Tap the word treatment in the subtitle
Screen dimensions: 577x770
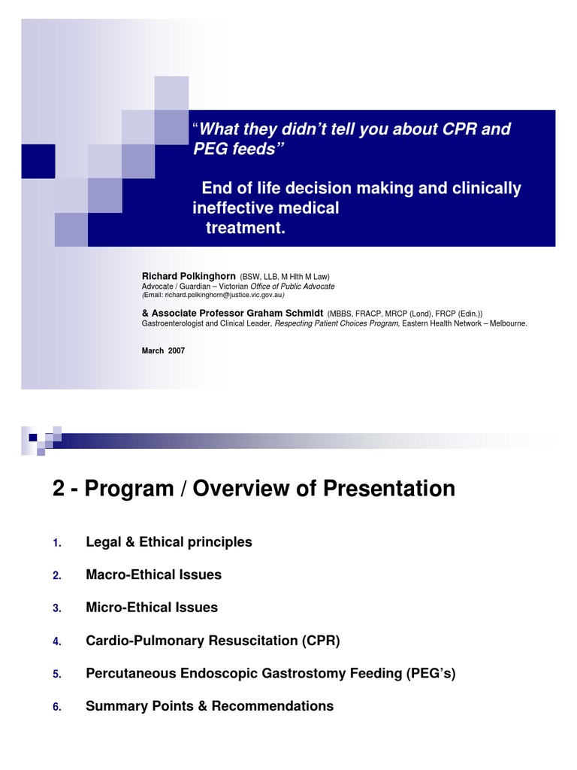coord(246,228)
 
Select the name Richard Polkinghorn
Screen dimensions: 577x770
coord(189,276)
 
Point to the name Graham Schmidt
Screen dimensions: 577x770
coord(285,313)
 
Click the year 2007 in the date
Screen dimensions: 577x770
coord(176,350)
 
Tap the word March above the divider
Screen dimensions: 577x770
coord(153,350)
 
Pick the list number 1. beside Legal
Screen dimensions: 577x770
coord(57,543)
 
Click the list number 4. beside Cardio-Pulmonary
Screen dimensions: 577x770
coord(57,641)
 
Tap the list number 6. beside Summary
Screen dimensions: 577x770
coord(57,707)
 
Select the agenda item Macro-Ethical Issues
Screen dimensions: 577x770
coord(153,574)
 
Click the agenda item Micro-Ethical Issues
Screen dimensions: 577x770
coord(152,608)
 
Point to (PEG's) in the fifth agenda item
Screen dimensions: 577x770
coord(430,673)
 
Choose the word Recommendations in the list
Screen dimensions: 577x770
coord(272,706)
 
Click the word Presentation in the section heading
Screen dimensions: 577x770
coord(389,488)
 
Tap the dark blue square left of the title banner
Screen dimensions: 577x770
coord(38,161)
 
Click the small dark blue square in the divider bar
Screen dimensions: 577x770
coord(33,438)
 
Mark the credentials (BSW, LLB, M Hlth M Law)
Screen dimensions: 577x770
coord(285,277)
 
